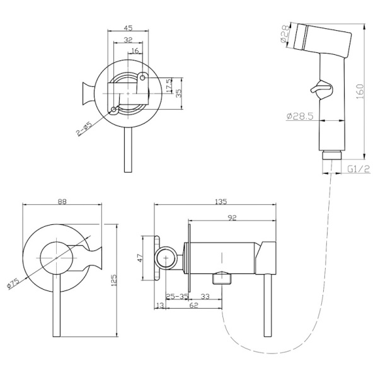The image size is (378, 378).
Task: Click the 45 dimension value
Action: (x=129, y=28)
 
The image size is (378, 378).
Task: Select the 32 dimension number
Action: (x=129, y=39)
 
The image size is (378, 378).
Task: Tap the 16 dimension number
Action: (x=135, y=52)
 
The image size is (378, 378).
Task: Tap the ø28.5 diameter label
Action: (x=299, y=116)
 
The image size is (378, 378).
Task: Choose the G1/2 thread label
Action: (x=358, y=169)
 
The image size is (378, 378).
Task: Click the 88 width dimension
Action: (x=62, y=202)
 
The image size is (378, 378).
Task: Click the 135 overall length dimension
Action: (x=220, y=202)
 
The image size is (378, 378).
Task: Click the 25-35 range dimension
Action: (x=177, y=295)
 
